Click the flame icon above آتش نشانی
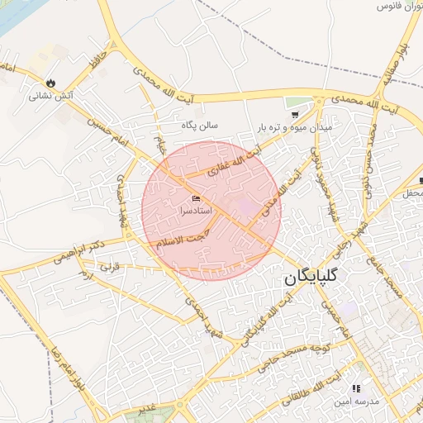tap(51, 83)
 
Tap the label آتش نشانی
tap(51, 96)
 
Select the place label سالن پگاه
tap(200, 126)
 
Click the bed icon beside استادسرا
tap(196, 199)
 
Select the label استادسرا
tap(195, 211)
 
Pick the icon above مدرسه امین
tap(356, 387)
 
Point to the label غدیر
tap(146, 408)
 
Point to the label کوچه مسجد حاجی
tap(294, 355)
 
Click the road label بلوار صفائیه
tap(396, 63)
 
